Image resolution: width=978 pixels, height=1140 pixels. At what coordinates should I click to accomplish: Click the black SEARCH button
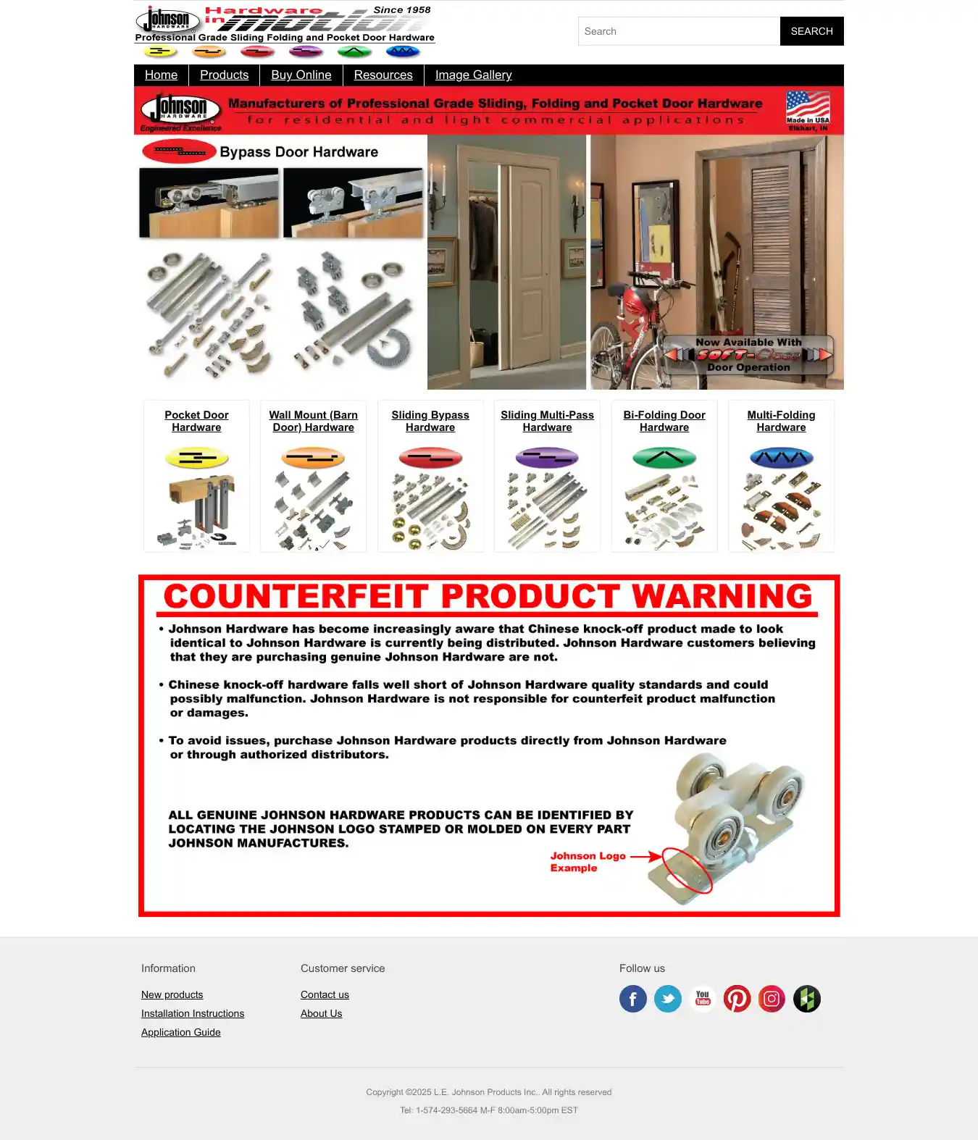coord(811,31)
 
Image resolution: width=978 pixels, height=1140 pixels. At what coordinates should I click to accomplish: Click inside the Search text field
coord(679,31)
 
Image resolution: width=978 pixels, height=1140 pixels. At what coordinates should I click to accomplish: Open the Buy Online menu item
coord(301,75)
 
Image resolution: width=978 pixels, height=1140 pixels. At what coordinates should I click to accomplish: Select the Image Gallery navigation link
coord(473,75)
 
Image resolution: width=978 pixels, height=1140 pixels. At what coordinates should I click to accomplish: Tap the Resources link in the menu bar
coord(383,75)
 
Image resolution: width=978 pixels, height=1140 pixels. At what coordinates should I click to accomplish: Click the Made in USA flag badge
coord(808,110)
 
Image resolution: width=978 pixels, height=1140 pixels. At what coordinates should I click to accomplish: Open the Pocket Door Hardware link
coord(196,421)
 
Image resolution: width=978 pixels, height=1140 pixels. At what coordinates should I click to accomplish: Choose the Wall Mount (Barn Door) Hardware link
coord(313,421)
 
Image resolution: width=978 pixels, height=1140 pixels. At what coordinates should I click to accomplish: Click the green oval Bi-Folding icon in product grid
coord(664,458)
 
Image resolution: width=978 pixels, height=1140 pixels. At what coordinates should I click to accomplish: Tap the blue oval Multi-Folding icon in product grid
coord(781,458)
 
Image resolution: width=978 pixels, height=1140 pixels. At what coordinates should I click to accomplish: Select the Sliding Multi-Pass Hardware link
coord(547,421)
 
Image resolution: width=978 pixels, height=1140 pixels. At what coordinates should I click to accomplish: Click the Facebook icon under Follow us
coord(632,999)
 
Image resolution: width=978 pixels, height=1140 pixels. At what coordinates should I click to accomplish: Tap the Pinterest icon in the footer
coord(737,999)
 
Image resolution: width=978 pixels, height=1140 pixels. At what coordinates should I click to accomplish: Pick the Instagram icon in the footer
coord(772,999)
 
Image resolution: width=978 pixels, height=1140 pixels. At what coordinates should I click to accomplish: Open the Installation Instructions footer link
coord(193,1013)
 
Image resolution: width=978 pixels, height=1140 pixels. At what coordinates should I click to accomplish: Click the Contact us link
coord(325,994)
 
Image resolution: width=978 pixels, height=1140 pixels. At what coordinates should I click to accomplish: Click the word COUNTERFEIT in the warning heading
coord(296,597)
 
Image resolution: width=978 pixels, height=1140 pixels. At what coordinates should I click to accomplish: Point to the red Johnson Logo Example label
coord(588,861)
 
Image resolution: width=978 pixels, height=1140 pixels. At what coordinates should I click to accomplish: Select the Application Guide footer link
coord(181,1032)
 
